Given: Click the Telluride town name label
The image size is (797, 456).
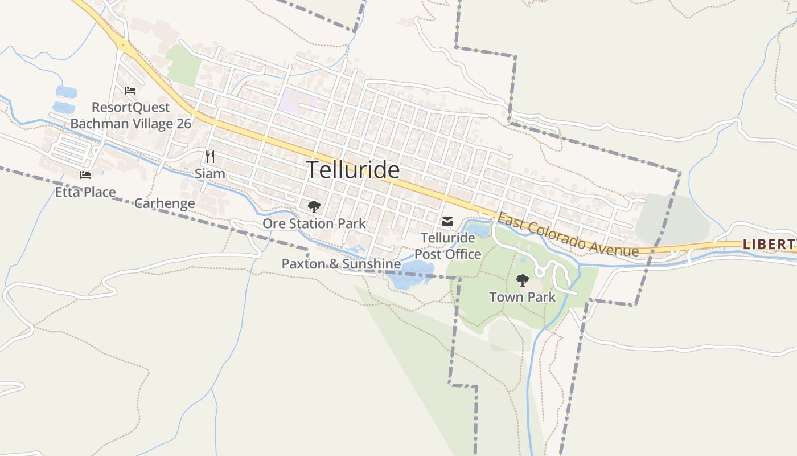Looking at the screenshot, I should point(352,170).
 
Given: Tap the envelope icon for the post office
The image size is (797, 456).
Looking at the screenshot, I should point(447,221).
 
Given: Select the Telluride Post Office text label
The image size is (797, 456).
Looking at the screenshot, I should point(447,246).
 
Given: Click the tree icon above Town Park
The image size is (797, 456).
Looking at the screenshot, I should point(522,280).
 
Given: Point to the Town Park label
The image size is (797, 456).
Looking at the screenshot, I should point(522,297).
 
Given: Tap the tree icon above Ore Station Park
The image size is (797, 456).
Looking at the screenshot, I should point(314,207).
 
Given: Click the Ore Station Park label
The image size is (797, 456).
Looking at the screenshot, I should point(314,223).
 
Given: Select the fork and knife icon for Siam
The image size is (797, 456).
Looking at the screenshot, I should point(210,157).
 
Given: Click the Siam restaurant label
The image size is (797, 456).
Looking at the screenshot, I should point(210,173).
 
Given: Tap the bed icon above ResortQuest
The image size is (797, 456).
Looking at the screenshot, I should point(130,90).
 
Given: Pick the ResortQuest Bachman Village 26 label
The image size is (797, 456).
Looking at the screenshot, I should point(131,115).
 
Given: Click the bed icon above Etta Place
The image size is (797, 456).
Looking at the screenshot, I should point(85,175).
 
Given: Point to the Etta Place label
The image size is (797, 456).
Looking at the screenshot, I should point(85,192).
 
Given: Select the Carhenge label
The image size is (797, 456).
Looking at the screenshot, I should point(165,203).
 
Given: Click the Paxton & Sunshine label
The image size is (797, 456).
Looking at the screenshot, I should point(341,264).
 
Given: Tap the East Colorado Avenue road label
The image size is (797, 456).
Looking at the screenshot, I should point(568,235).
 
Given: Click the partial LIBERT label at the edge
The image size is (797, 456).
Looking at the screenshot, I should point(769,244).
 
